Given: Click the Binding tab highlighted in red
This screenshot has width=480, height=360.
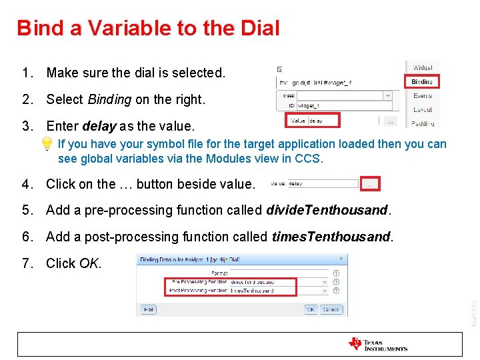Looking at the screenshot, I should [421, 81].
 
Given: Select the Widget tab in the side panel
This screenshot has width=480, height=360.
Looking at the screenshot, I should [422, 67].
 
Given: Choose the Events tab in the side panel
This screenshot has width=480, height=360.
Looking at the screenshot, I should [422, 96].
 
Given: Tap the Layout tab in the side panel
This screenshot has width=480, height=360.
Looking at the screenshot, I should [422, 109].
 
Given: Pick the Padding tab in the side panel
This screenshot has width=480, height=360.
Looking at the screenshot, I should [422, 123].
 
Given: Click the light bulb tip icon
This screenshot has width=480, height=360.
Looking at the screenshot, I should [47, 144].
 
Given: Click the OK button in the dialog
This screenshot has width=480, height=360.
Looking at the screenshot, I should [311, 309].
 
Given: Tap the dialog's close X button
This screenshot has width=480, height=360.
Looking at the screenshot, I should [341, 259].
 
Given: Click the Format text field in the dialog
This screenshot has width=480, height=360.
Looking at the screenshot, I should [279, 273].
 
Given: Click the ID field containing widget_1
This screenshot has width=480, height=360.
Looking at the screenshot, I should [340, 106].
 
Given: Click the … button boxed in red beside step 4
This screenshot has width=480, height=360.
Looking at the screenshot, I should [371, 183].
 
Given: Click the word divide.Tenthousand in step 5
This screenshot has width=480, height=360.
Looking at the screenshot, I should [327, 210].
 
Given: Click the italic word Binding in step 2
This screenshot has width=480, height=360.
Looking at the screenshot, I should [109, 99].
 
